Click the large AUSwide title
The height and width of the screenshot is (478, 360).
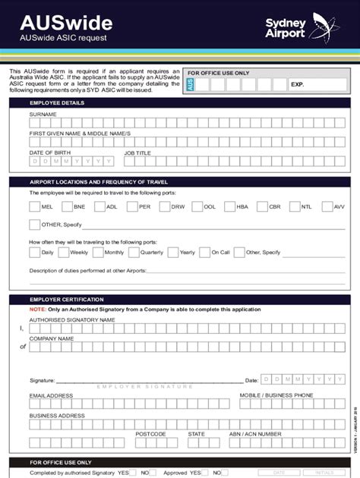pos(55,22)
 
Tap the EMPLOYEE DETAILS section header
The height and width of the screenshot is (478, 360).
pos(57,102)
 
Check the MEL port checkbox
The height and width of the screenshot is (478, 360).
pos(34,206)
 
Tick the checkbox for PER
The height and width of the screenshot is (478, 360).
pos(132,206)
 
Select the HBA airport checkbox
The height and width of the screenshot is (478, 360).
pos(230,206)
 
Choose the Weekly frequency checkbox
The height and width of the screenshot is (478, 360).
pos(62,252)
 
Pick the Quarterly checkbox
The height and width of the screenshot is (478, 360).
pos(134,252)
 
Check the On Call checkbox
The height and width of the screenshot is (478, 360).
pos(204,252)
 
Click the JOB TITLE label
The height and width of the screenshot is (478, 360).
pos(137,153)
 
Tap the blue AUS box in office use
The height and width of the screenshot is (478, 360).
pos(190,85)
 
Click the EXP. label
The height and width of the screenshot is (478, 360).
pos(297,85)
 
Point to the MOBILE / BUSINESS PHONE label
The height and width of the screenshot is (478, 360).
pos(276,395)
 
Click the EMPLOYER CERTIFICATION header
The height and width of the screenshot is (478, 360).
pos(68,300)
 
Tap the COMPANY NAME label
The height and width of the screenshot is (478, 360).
pos(51,338)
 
